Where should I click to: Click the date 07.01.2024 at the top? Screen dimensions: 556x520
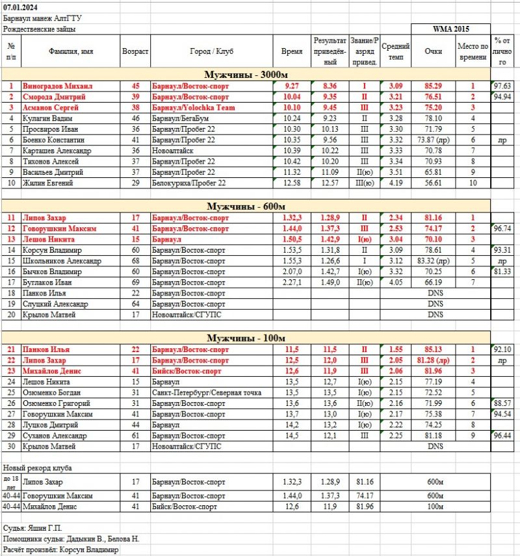[21, 6]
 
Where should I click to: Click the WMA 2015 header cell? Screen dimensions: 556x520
[451, 29]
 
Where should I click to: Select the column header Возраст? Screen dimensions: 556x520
[135, 51]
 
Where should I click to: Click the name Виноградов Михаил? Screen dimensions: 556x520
[57, 86]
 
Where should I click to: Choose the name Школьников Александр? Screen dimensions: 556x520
[62, 261]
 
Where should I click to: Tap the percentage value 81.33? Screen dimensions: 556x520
[502, 272]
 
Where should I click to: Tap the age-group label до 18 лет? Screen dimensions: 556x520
[10, 481]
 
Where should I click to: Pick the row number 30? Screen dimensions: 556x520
[11, 447]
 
